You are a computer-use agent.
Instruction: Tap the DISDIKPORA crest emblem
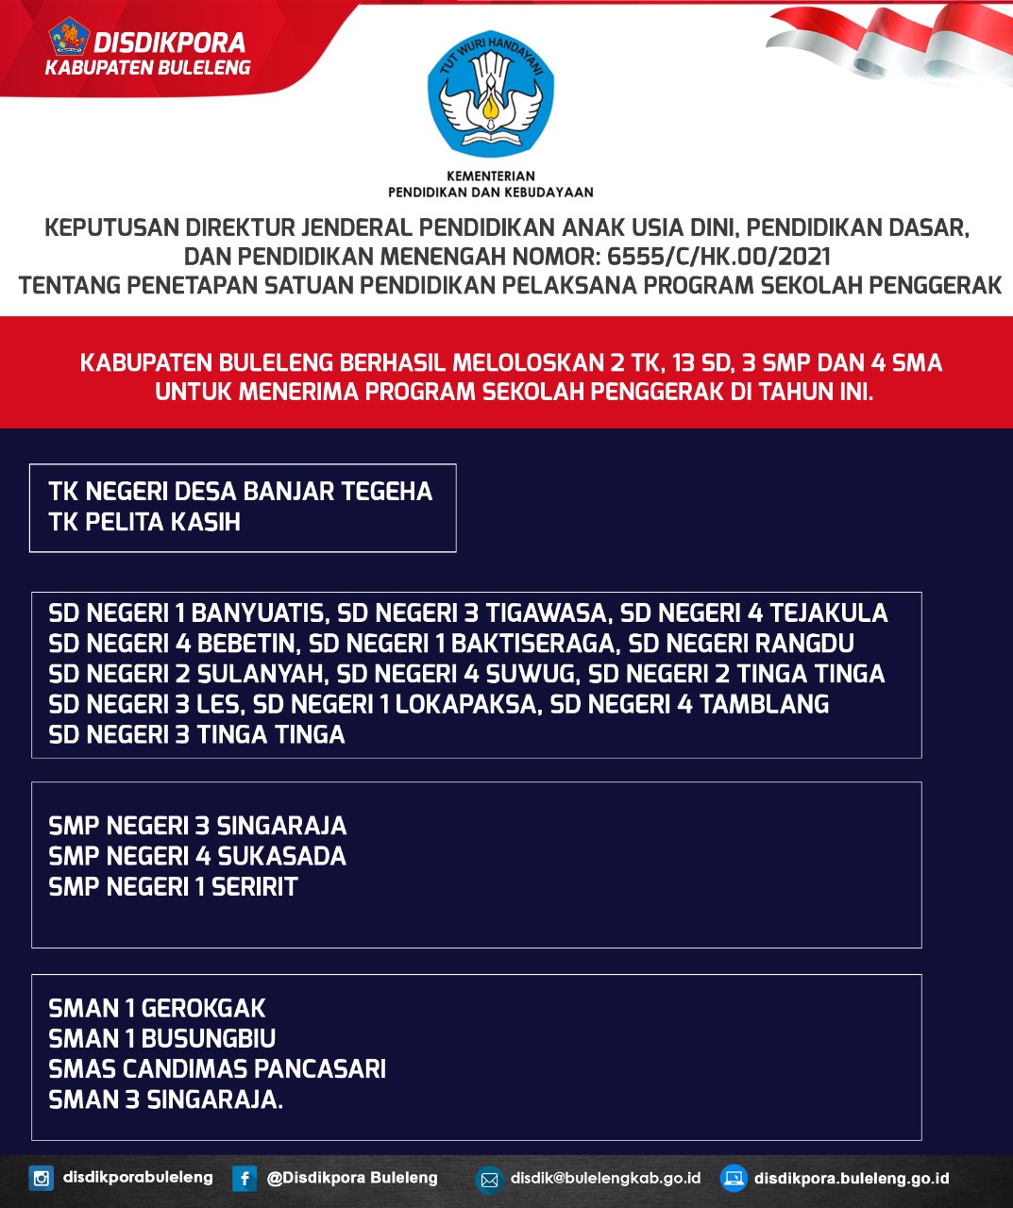tap(69, 39)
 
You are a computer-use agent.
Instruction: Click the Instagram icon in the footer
tap(42, 1178)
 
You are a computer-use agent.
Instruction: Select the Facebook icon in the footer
tap(245, 1178)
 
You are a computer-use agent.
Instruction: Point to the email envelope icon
tap(489, 1179)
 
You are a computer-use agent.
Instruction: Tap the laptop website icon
tap(734, 1178)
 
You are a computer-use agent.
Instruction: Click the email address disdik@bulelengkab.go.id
tap(605, 1178)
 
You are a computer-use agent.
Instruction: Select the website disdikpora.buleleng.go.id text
tap(852, 1178)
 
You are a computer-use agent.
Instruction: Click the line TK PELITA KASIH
tap(144, 522)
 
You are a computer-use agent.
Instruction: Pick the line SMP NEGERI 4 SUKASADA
tap(197, 856)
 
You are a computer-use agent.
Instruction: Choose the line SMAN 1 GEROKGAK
tap(157, 1008)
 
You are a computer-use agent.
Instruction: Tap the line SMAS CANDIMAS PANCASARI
tap(217, 1068)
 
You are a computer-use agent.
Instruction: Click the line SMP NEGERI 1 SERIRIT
tap(173, 886)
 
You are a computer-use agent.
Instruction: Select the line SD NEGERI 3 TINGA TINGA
tap(196, 734)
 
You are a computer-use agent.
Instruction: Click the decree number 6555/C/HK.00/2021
tap(718, 256)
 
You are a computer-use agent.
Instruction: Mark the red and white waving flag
tap(887, 42)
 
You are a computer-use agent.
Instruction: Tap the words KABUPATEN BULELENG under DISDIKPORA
tap(148, 68)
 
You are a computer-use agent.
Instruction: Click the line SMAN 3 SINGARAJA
tap(165, 1099)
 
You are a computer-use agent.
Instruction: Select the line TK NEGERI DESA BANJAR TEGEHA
tap(240, 491)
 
